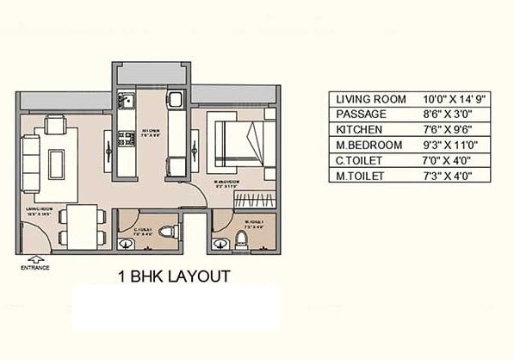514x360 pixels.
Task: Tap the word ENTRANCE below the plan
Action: pyautogui.click(x=35, y=268)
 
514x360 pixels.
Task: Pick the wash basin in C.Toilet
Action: pyautogui.click(x=125, y=240)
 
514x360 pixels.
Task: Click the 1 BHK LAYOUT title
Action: pyautogui.click(x=173, y=276)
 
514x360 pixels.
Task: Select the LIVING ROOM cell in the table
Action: pyautogui.click(x=371, y=99)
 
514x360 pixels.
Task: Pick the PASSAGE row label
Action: pyautogui.click(x=363, y=115)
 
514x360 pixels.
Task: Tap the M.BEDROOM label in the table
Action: pyautogui.click(x=369, y=146)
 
